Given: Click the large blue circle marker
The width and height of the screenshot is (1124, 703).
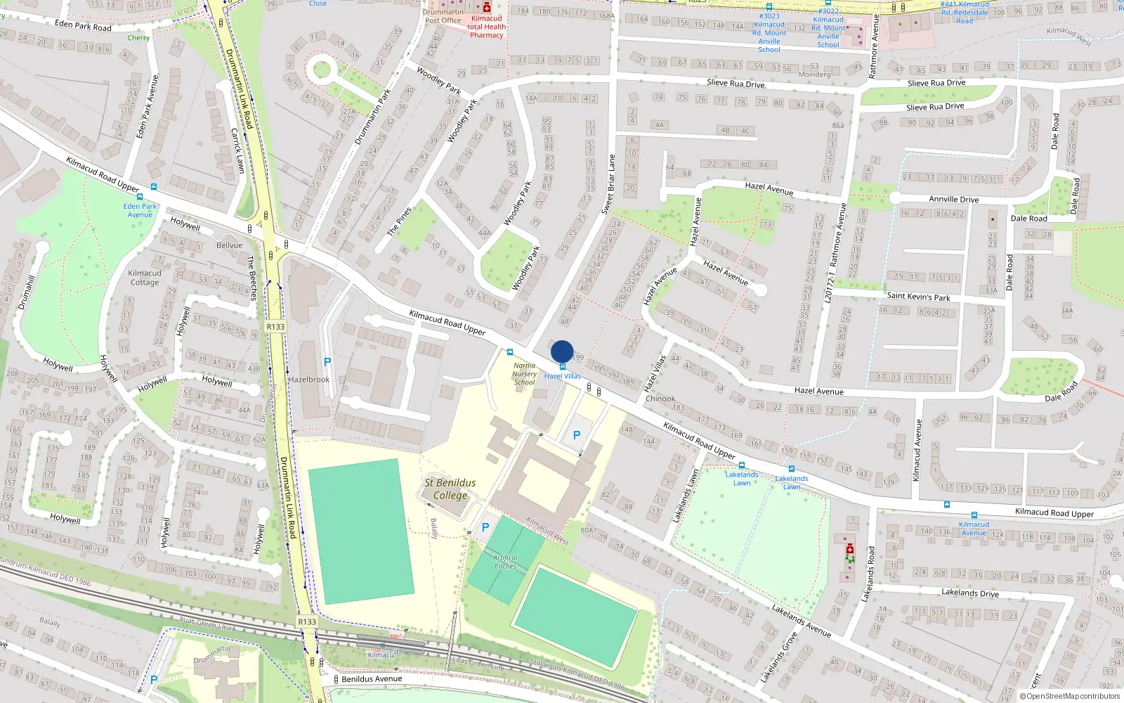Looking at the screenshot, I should click(562, 351).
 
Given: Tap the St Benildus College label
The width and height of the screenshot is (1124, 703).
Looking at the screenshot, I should click(450, 489).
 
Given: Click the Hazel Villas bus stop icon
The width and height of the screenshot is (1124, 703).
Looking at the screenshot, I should click(562, 367).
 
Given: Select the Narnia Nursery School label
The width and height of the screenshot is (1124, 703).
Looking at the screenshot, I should click(524, 374).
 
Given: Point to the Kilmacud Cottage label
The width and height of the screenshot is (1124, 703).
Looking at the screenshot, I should click(145, 278).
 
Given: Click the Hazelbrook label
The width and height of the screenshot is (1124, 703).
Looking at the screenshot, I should click(309, 380).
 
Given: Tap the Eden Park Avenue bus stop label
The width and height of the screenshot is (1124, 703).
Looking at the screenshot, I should click(140, 210).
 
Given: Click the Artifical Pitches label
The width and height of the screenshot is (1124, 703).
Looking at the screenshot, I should click(505, 562).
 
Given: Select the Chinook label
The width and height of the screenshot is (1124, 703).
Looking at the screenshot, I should click(660, 399).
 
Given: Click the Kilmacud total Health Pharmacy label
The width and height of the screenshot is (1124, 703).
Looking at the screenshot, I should click(486, 27).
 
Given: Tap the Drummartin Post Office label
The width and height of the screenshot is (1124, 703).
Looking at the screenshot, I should click(443, 16).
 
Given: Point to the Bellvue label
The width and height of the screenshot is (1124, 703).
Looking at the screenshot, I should click(230, 245).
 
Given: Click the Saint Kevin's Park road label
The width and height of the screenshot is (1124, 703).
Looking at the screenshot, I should click(918, 297).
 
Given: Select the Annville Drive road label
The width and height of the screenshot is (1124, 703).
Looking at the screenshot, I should click(953, 199).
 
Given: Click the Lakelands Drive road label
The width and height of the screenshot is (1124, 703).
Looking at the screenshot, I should click(970, 593).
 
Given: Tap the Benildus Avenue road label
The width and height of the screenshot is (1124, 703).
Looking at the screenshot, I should click(372, 679).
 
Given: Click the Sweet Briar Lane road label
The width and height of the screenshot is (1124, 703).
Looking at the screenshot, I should click(610, 184).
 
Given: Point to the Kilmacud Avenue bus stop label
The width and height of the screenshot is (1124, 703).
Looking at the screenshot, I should click(974, 528).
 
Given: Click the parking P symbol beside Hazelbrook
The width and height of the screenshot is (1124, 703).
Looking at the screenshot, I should click(327, 362).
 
